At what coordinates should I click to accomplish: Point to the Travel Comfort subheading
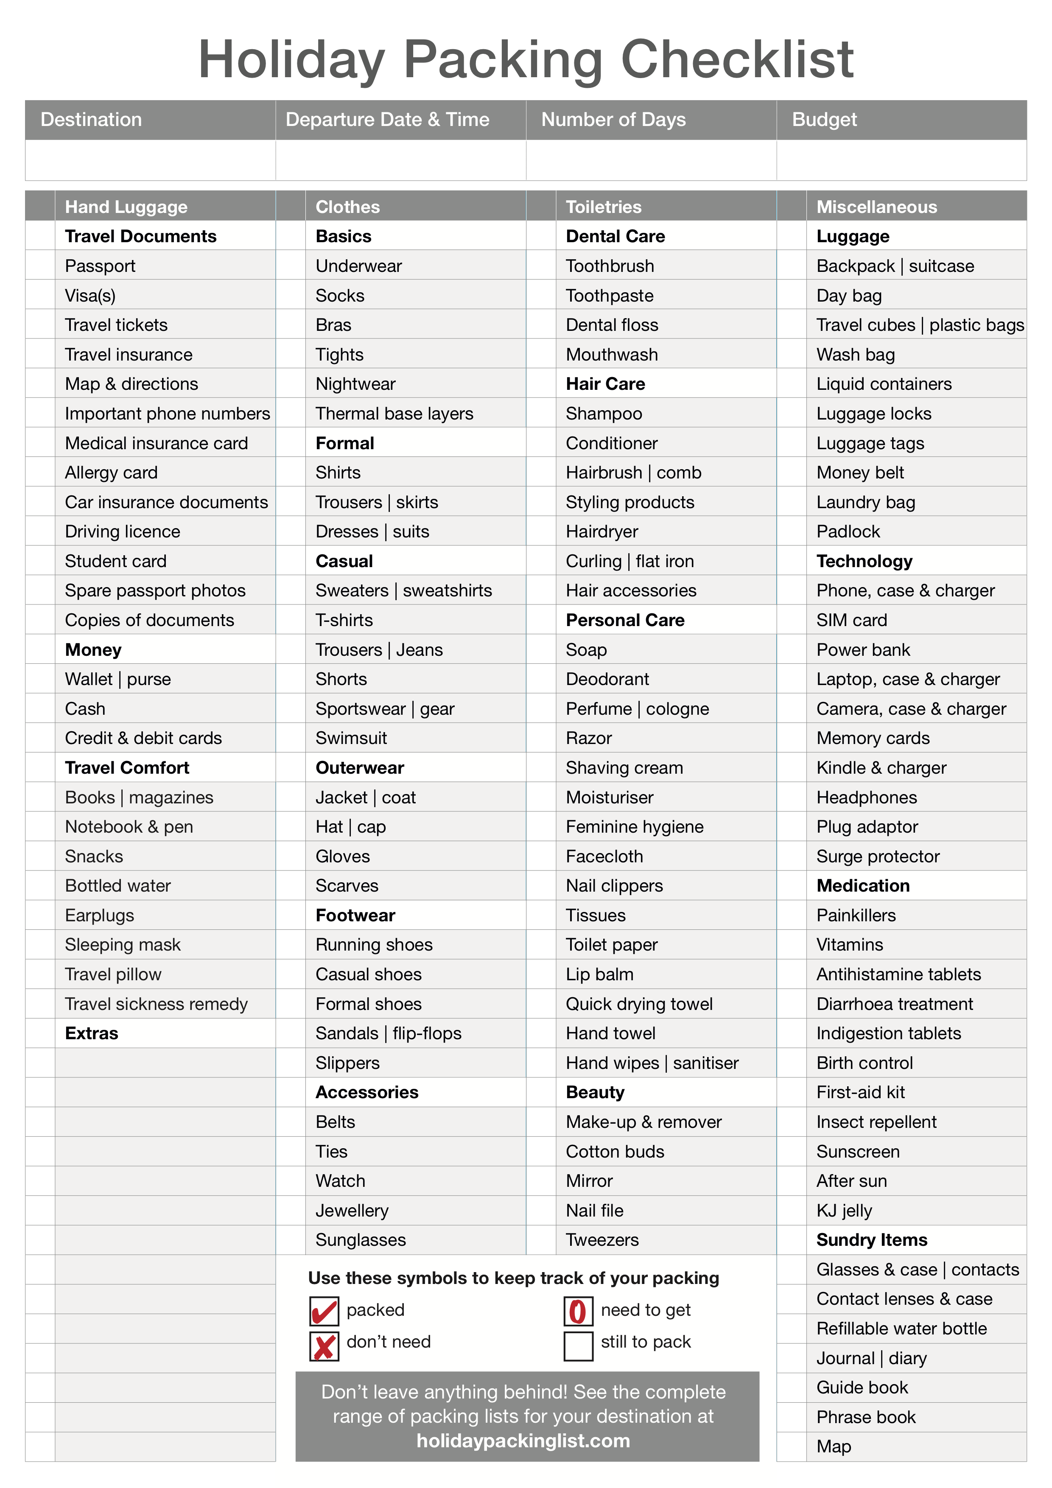point(127,768)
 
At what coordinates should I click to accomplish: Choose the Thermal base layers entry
point(394,414)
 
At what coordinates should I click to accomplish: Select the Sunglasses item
point(361,1240)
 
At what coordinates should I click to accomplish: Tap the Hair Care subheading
point(605,384)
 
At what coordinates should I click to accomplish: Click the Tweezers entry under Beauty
point(602,1240)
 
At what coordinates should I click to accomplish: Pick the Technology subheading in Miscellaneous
point(864,561)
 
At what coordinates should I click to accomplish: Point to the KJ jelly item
point(844,1211)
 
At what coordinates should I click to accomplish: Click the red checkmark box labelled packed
point(323,1311)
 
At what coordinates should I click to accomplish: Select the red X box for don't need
point(323,1346)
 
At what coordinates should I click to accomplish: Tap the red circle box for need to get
point(577,1311)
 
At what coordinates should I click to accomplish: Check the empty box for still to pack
point(577,1346)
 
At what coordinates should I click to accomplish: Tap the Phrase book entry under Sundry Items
point(866,1417)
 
